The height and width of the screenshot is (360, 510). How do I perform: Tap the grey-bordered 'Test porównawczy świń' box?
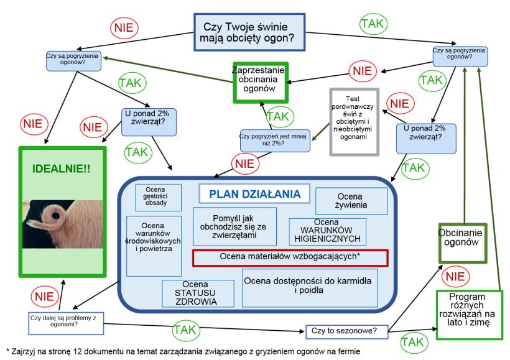click(x=355, y=121)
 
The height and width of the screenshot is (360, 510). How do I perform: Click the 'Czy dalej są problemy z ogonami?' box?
click(x=63, y=320)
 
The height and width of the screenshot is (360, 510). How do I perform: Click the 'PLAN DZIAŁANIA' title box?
click(x=254, y=193)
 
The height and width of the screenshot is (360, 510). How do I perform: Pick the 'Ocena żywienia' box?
click(x=351, y=200)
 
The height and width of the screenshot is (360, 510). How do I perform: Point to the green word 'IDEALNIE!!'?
click(x=62, y=168)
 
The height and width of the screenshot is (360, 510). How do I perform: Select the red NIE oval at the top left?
click(x=124, y=27)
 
